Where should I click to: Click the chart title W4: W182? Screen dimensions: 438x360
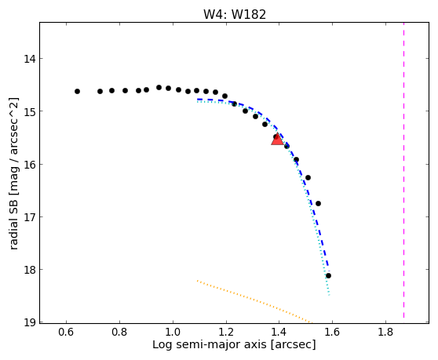tap(235, 15)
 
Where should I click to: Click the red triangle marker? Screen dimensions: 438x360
tap(277, 140)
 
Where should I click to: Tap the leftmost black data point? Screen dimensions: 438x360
tap(78, 91)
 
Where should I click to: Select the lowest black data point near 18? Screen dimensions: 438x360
tap(328, 276)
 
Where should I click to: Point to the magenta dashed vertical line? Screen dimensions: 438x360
tap(404, 170)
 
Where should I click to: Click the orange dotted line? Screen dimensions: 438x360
tap(254, 301)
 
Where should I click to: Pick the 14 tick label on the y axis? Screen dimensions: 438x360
tap(30, 59)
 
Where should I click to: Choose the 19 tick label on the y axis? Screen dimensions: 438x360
tap(30, 322)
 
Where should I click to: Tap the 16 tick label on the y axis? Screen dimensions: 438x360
tap(30, 165)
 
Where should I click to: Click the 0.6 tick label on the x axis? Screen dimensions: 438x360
tap(66, 332)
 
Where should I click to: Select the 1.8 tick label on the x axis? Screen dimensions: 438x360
tap(385, 332)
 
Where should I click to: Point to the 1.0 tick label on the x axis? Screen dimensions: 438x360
tap(173, 332)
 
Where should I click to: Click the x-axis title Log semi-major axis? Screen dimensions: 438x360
tap(210, 344)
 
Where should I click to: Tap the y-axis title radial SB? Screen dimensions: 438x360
tap(13, 222)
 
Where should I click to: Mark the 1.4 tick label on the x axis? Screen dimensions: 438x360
tap(279, 332)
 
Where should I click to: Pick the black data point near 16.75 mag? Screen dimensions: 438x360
tap(318, 203)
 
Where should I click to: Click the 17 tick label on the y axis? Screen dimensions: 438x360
tap(30, 217)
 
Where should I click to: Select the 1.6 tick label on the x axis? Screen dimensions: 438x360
tap(332, 332)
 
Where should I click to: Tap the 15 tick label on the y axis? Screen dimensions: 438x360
tap(30, 111)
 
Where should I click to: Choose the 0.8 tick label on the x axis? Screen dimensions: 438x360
tap(119, 332)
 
